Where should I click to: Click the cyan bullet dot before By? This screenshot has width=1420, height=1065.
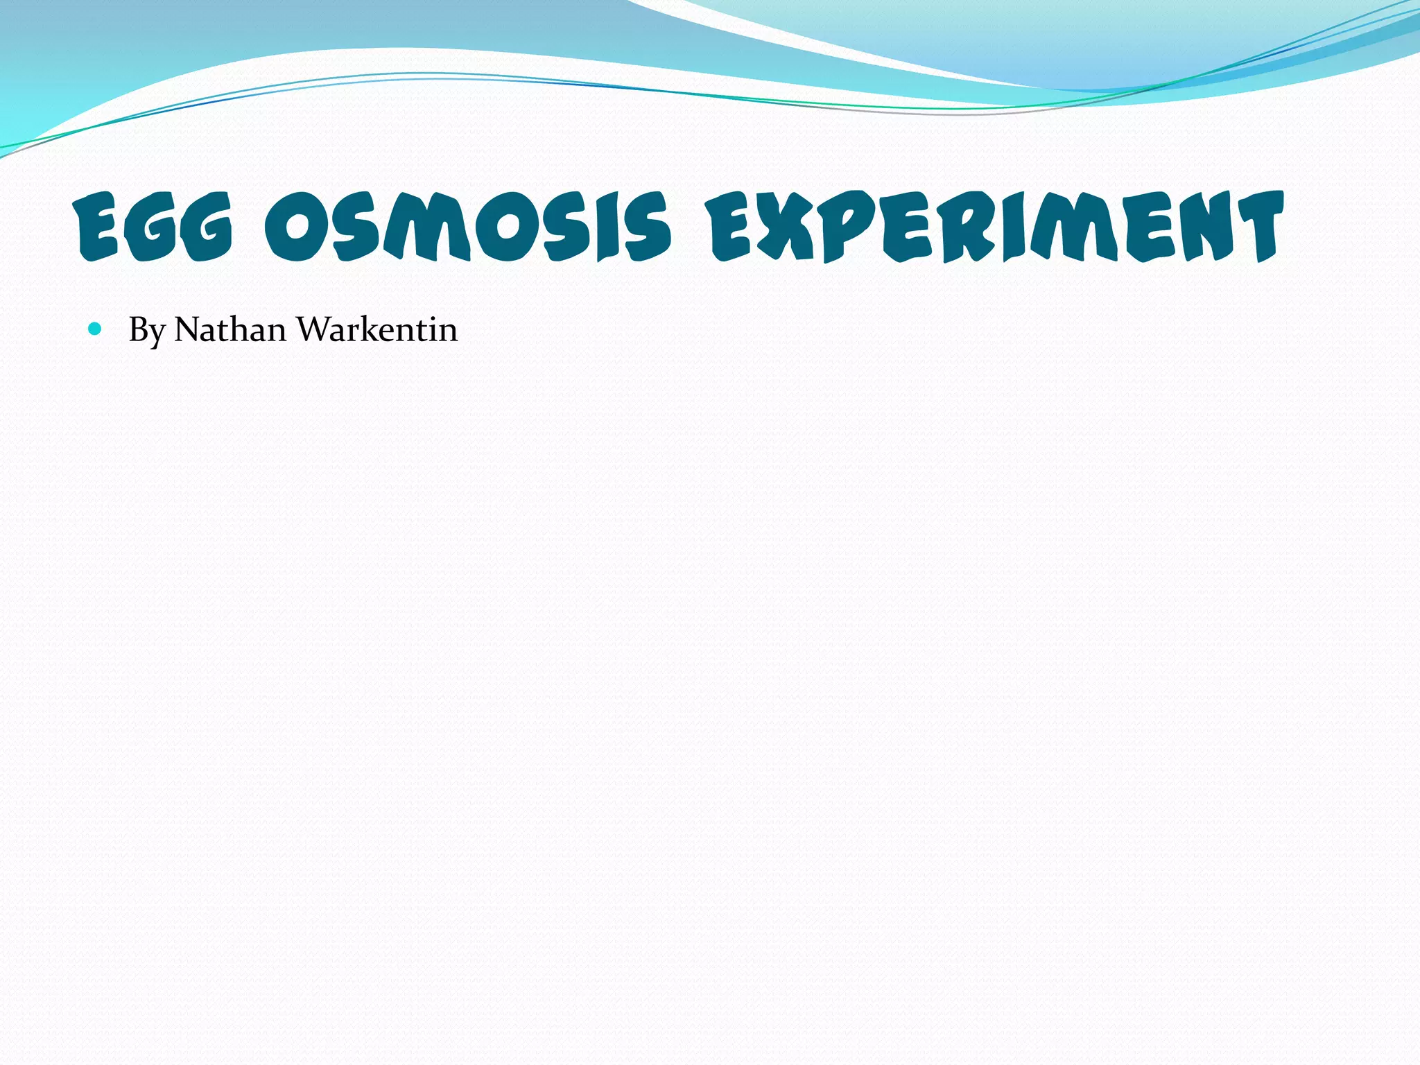coord(95,329)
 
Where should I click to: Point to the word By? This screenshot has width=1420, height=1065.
coord(146,330)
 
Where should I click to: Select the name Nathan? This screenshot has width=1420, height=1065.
coord(230,329)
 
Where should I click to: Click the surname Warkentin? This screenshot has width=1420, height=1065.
coord(377,329)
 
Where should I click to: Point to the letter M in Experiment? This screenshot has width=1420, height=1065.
coord(1074,227)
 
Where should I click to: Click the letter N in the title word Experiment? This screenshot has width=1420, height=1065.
coord(1199,227)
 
